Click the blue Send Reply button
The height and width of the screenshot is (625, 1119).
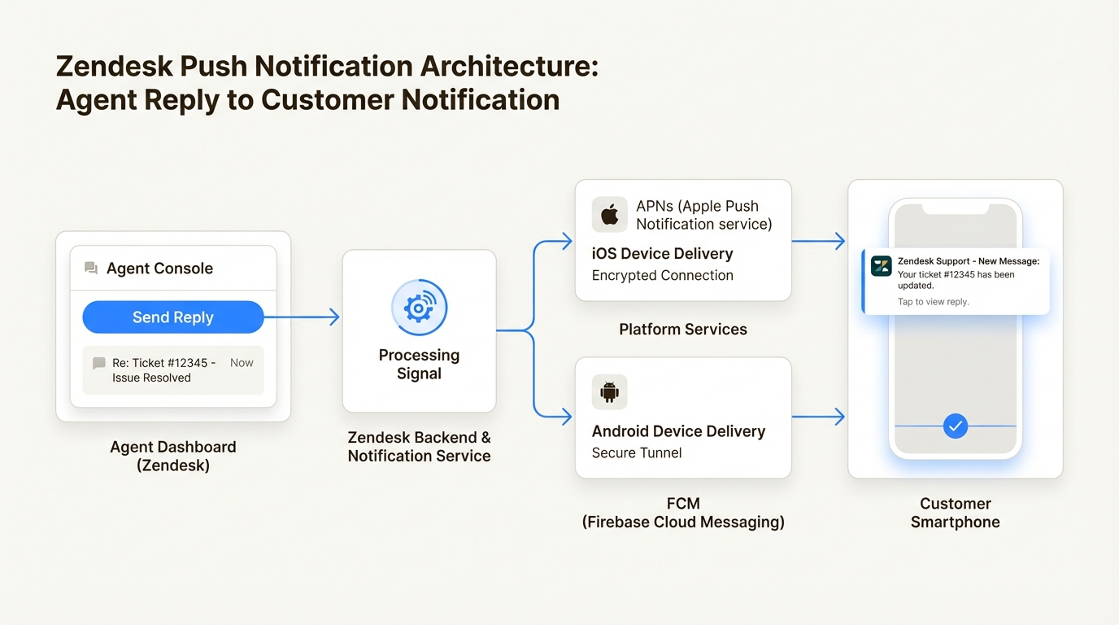(173, 317)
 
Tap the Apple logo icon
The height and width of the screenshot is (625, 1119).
(609, 215)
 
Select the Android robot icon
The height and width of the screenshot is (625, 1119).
(609, 392)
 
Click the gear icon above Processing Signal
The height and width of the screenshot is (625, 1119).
(419, 308)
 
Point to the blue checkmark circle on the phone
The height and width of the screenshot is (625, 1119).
(955, 426)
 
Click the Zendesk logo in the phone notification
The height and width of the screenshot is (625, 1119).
(881, 266)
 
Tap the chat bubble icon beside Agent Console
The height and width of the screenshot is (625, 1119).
(91, 269)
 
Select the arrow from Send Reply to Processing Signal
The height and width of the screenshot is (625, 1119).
(302, 317)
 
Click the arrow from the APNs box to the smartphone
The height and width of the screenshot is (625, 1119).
(818, 241)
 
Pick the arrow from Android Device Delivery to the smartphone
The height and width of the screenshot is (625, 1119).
(818, 417)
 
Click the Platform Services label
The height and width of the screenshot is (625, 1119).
(682, 330)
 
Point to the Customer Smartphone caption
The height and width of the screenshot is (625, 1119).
(955, 513)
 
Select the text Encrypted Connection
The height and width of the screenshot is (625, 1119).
(662, 276)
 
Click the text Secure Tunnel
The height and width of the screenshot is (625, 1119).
(637, 453)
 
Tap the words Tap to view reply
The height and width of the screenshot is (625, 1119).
(933, 302)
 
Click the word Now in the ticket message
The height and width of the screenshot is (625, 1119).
(242, 363)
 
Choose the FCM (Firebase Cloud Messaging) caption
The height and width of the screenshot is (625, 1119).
(682, 513)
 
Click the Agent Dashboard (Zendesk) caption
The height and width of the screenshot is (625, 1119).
(172, 456)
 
